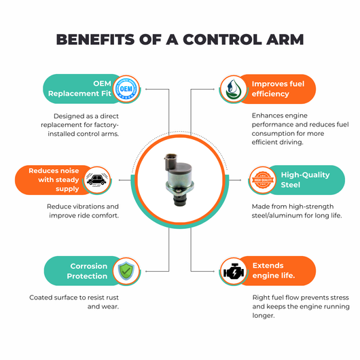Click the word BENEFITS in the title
point(95,39)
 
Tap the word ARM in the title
point(285,39)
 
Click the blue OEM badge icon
point(126,89)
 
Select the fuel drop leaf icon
point(233,89)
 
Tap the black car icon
point(97,180)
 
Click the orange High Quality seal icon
point(262,180)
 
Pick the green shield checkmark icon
point(126,271)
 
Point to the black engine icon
point(234,271)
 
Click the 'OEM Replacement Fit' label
point(79,88)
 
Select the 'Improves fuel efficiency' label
point(278,89)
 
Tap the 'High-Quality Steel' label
point(305,180)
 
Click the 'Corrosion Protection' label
point(87,271)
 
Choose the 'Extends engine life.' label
point(274,270)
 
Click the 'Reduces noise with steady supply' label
point(54,180)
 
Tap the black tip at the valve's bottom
point(180,201)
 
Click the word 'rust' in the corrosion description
point(113,298)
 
